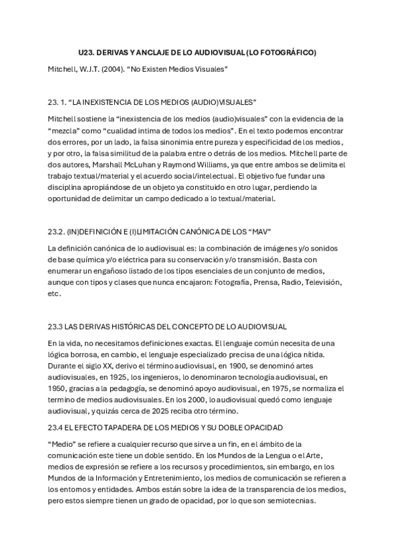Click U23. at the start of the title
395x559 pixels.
coord(86,52)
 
